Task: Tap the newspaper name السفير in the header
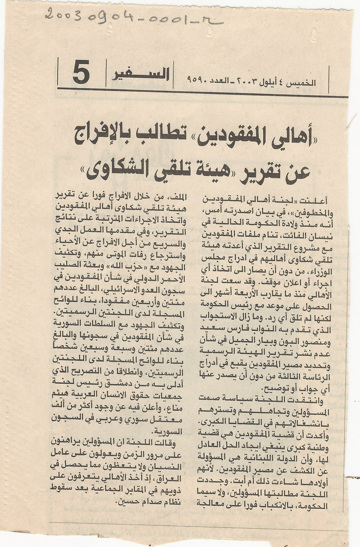click(141, 75)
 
